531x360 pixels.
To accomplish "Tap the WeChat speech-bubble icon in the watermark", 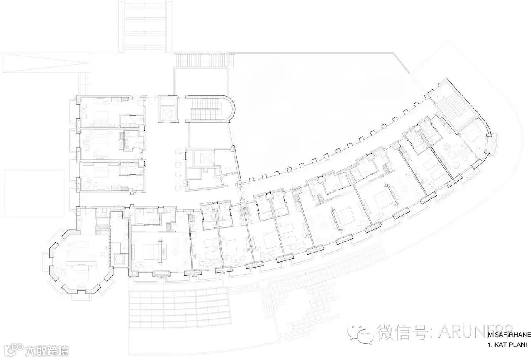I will point(360,332).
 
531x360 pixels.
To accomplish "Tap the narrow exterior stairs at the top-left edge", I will point(85,83).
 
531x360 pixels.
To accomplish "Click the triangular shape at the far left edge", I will point(46,64).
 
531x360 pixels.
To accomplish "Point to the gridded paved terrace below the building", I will point(180,305).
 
